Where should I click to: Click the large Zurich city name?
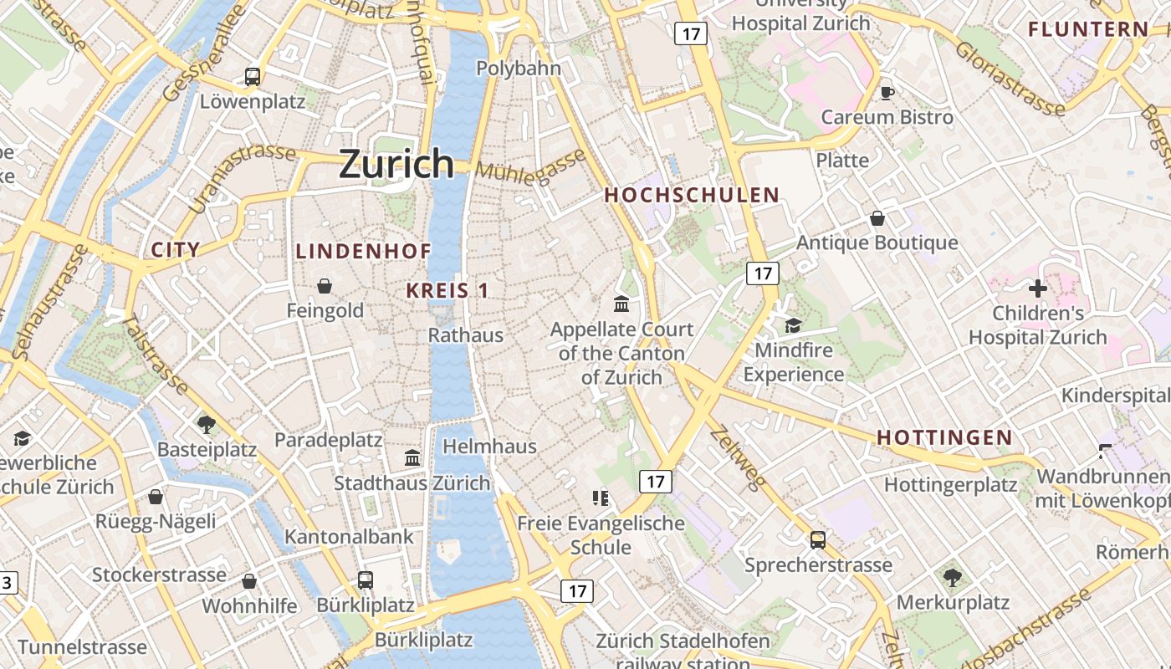396,164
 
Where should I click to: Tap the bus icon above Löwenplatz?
253,77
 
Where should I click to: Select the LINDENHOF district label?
364,251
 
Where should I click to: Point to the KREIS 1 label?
447,291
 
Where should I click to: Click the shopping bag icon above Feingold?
325,286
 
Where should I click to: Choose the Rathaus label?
466,335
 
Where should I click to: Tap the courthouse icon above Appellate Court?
621,304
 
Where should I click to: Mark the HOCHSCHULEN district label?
692,196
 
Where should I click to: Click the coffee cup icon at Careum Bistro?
887,92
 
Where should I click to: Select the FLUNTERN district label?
1088,30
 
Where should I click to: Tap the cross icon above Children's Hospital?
1038,289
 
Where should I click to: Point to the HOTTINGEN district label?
944,437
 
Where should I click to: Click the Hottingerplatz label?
951,485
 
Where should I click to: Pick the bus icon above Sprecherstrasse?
818,540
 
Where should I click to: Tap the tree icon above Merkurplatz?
952,577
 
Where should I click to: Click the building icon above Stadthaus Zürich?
412,457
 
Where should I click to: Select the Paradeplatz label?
329,441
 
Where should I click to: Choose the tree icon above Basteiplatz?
207,424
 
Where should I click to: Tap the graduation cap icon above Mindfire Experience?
793,325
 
